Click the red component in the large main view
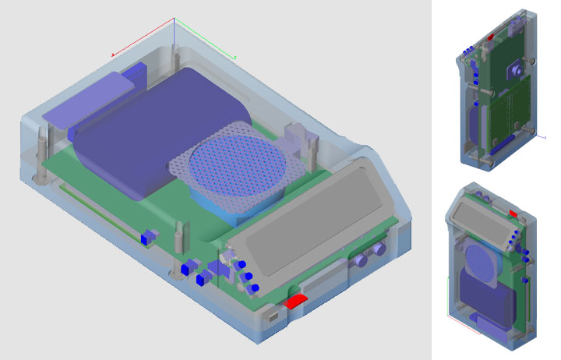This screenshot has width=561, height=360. (295, 302)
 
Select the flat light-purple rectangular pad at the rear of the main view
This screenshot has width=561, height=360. (86, 98)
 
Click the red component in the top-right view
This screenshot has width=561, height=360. (490, 36)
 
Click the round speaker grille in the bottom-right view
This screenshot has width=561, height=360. (480, 261)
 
